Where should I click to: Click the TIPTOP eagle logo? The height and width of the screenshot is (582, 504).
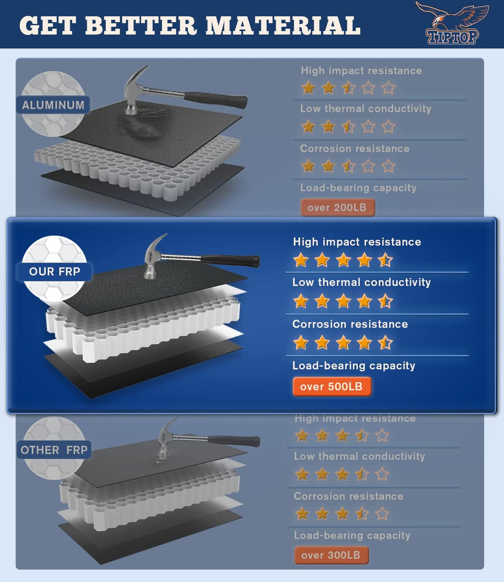pos(452,23)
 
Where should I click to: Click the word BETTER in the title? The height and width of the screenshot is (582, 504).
pos(141,26)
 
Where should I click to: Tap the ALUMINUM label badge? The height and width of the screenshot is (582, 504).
pos(53,105)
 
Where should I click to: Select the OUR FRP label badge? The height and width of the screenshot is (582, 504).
pos(55,271)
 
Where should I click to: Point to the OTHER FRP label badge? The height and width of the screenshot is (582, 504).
pos(54,450)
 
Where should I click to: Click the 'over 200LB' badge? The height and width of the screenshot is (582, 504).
pos(337,207)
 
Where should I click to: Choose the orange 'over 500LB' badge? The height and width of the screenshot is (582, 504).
pos(331,387)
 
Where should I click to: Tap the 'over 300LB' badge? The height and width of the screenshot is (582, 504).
pos(331,555)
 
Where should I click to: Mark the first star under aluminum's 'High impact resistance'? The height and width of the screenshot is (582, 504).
pos(308,88)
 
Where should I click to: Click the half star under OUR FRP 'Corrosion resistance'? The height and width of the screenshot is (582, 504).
pos(385,343)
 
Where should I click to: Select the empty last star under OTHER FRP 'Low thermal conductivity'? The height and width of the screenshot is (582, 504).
pos(382,474)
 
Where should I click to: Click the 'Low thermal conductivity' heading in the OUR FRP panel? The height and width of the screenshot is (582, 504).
pos(361,282)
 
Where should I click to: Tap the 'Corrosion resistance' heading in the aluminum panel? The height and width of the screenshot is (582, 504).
pos(355,149)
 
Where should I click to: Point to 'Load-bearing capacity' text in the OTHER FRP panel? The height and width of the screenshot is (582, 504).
pos(352,535)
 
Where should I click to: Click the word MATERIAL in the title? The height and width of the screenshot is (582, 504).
pos(283,26)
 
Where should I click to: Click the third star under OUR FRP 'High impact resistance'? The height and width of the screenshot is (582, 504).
pos(343,260)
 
